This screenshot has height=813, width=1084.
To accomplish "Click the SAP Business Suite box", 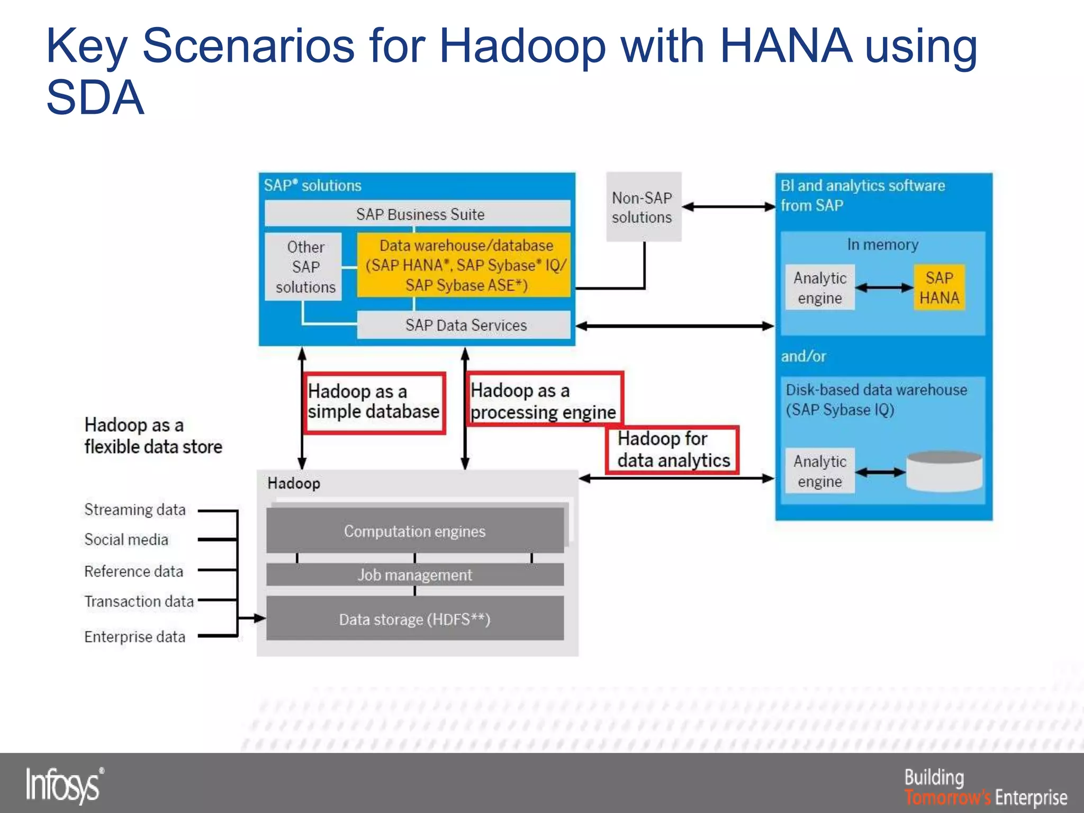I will point(417,214).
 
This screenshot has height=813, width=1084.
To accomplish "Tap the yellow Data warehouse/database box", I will point(464,265).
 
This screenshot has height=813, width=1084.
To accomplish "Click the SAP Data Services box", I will point(464,325).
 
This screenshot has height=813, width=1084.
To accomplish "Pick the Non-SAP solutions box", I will point(643,207).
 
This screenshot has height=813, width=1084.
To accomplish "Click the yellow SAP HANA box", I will point(939,287).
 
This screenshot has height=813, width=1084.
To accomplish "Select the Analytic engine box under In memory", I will point(819,287).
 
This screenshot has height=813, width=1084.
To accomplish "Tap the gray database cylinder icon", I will point(944,471).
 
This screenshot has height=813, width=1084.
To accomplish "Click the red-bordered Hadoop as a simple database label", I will point(374,402).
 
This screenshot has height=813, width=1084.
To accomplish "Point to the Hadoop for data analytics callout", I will point(672,450).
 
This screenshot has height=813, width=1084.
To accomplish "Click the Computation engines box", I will point(414,531).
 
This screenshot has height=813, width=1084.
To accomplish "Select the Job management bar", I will point(414,575).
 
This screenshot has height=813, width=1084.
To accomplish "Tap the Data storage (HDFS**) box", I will point(414,619).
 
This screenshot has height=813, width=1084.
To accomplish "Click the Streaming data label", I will point(135,510).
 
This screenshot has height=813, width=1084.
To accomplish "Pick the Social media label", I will point(127,540).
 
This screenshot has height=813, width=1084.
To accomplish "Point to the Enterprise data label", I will point(135,637).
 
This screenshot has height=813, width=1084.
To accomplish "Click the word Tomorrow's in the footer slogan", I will point(947,797).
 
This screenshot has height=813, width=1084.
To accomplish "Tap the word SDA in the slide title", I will point(95,98).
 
